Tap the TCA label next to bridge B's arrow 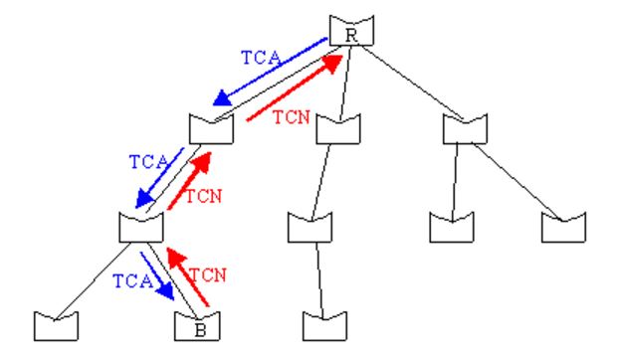pyautogui.click(x=127, y=282)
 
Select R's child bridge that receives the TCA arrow pyautogui.click(x=211, y=128)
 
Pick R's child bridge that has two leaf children pyautogui.click(x=466, y=128)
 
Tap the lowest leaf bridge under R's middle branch pyautogui.click(x=322, y=324)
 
